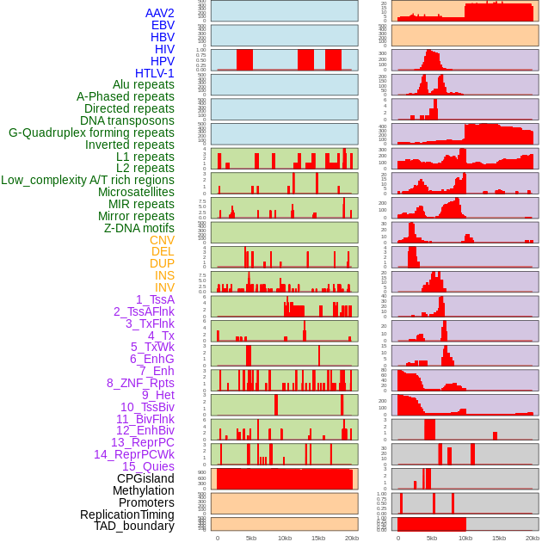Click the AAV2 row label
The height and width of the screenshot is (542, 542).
[x=159, y=13]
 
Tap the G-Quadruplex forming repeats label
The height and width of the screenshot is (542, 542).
[x=91, y=132]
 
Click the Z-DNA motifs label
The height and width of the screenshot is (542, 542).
[x=139, y=228]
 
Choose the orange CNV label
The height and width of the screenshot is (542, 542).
[x=162, y=240]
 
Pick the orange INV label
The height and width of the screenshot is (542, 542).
[x=164, y=287]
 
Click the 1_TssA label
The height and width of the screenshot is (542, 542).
[x=155, y=299]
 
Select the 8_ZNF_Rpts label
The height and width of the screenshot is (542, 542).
[x=140, y=383]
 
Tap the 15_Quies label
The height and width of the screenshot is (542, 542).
[x=148, y=466]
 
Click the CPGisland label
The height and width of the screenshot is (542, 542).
[x=145, y=478]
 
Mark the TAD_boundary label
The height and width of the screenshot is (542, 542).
[x=133, y=526]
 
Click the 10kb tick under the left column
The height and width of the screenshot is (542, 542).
[x=285, y=538]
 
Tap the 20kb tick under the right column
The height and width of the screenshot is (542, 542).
[x=533, y=538]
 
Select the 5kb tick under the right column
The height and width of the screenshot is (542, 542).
[x=432, y=538]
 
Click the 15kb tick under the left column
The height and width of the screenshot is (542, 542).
[x=318, y=538]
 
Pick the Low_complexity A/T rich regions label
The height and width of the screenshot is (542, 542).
[x=87, y=180]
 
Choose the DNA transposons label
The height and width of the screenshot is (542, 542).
[x=126, y=120]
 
